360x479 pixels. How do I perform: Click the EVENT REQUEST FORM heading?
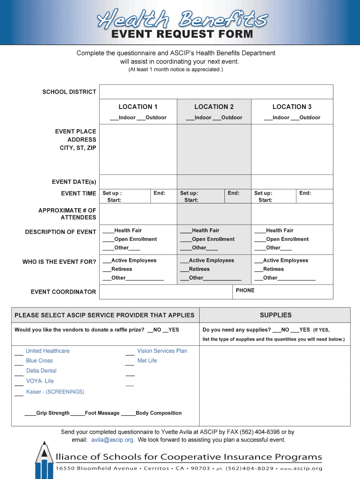point(182,34)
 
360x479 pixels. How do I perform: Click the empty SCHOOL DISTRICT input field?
point(216,92)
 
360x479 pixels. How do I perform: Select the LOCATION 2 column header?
point(214,107)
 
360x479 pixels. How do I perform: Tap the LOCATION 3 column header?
point(292,107)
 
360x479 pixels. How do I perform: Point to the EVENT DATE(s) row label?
point(74,182)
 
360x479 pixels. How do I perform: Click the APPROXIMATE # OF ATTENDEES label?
point(67,214)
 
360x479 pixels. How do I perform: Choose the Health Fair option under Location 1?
point(127,231)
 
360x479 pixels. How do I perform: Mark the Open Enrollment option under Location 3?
point(287,239)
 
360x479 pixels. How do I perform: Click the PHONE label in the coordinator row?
point(245,290)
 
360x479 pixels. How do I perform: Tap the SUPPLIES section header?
point(275,315)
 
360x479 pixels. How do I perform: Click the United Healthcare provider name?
point(48,351)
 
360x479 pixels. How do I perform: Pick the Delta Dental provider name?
point(41,371)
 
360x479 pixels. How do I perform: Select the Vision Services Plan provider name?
point(162,351)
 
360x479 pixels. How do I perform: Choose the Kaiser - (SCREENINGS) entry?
point(55,392)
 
